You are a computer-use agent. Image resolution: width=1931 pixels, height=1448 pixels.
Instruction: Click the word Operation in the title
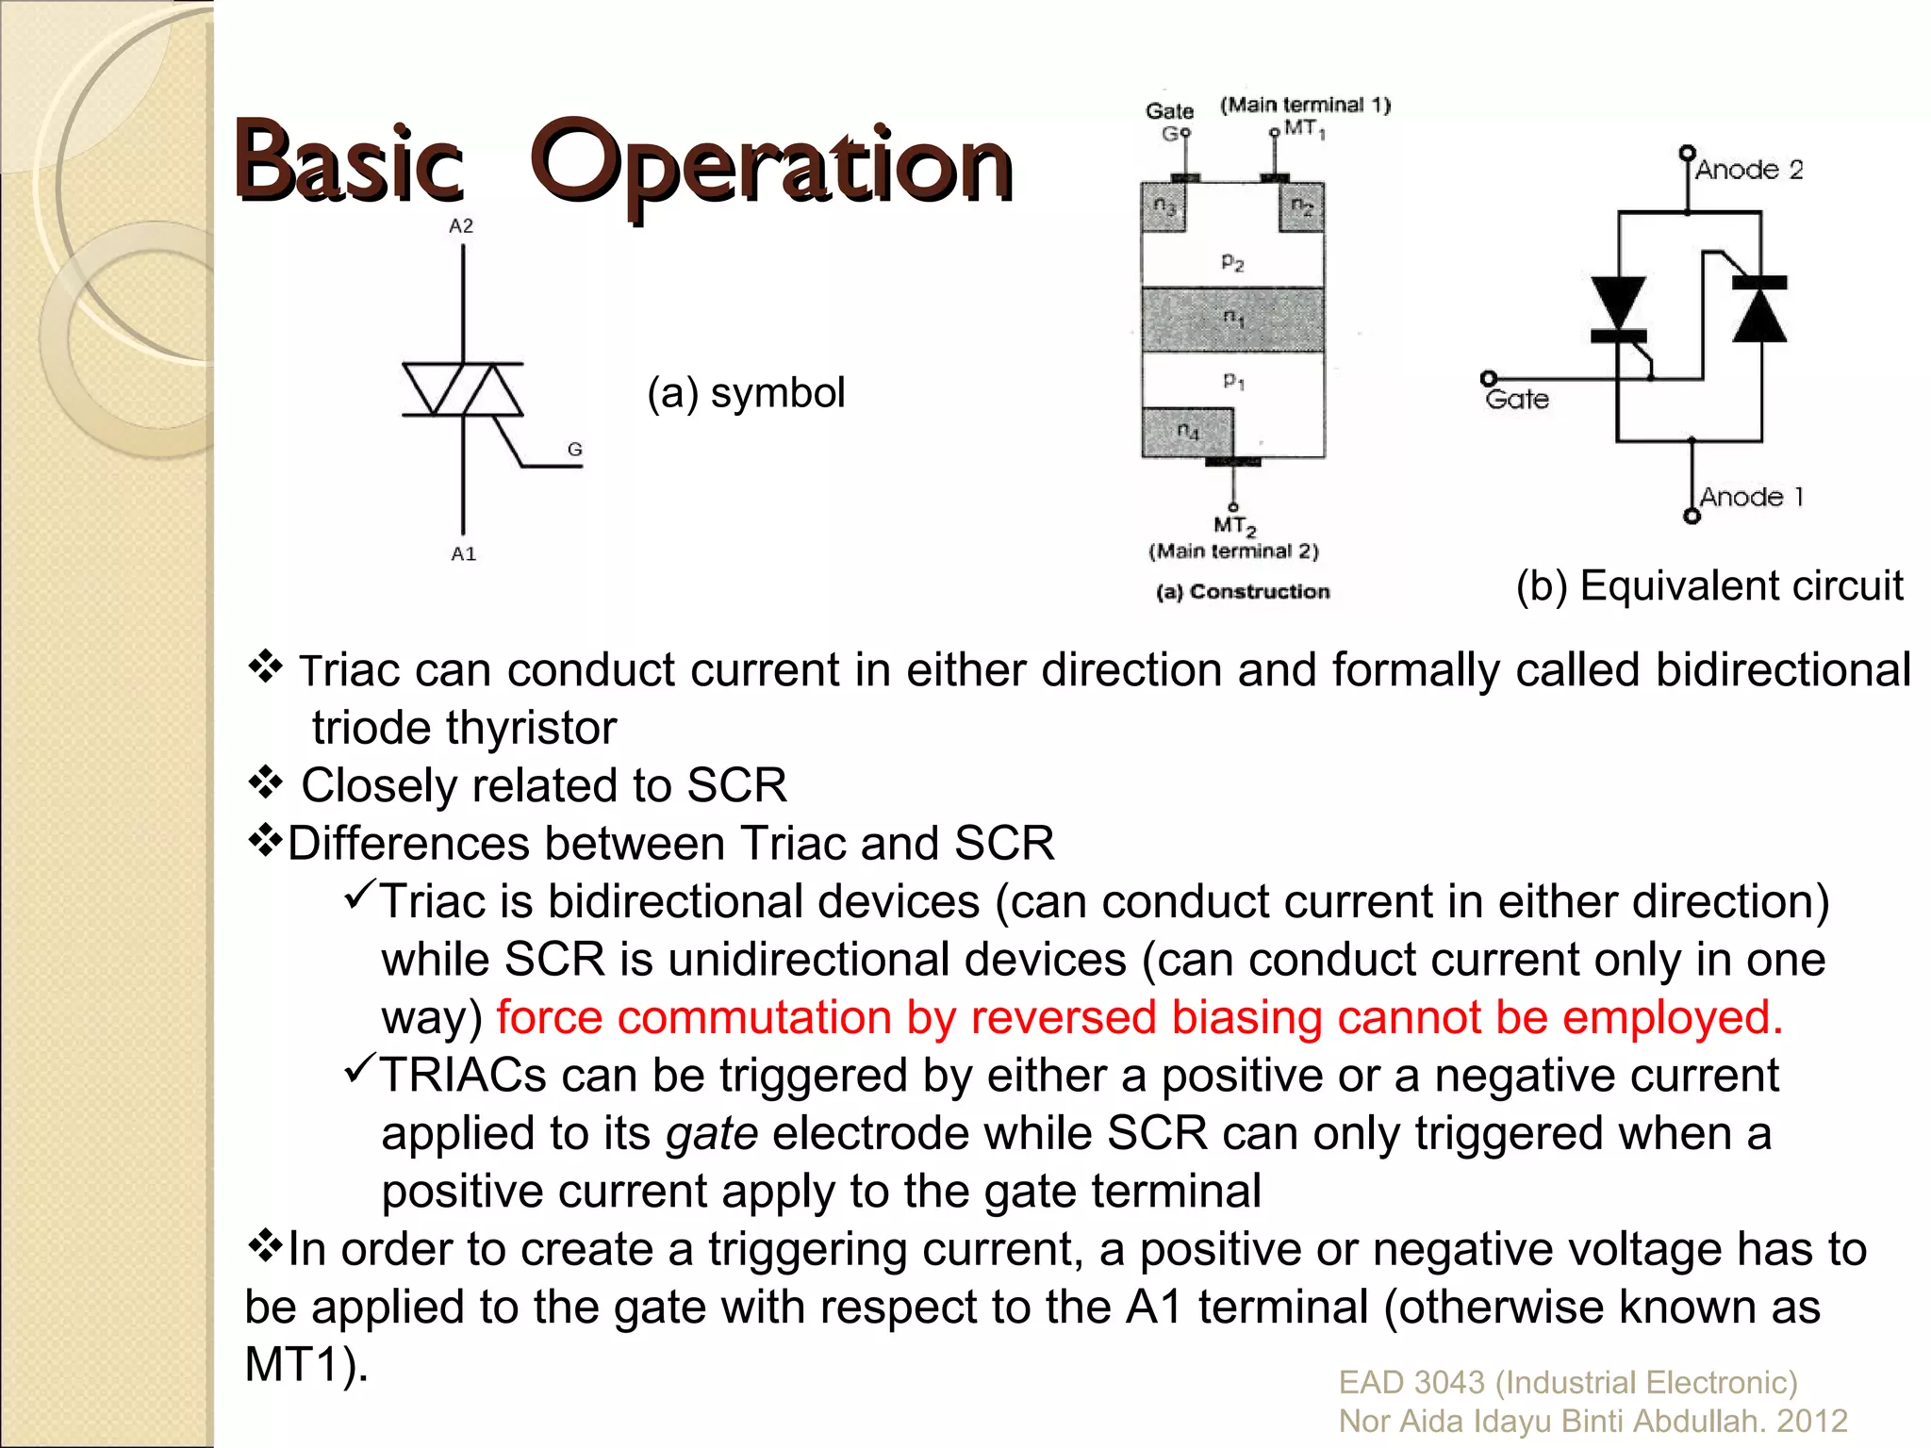771,166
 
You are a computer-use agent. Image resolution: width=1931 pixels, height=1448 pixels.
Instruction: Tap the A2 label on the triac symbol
461,226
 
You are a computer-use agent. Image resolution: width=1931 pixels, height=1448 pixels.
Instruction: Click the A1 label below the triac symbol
463,554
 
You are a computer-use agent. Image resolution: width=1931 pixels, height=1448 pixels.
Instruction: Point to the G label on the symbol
574,450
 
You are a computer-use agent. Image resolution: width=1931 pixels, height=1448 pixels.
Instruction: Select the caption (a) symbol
745,393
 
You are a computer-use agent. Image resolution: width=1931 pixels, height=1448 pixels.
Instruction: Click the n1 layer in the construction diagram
1233,320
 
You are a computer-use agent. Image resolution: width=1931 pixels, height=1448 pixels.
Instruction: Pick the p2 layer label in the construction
1232,261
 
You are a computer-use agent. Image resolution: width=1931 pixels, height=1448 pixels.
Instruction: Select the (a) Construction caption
1243,591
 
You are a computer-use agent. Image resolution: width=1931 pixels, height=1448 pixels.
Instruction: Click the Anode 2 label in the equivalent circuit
1749,170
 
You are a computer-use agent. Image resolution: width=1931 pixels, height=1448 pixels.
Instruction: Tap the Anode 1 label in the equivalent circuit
1751,497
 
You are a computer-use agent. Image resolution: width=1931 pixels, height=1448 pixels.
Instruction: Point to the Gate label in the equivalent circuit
1517,400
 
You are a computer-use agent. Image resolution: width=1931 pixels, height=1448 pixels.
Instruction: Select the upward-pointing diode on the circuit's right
1759,311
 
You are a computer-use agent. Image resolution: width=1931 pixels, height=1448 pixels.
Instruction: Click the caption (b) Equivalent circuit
1708,585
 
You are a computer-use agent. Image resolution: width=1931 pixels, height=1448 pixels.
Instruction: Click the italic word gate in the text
711,1134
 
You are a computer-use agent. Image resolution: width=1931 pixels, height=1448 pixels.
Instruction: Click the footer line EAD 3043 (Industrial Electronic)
1567,1382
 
